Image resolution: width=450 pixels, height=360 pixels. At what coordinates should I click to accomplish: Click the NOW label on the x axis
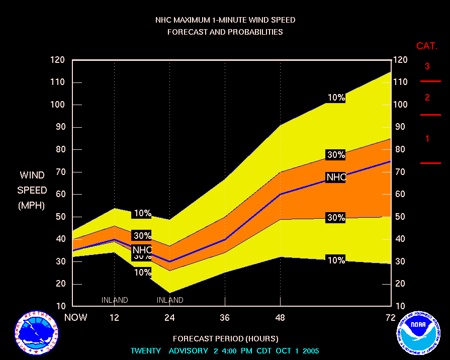[76, 317]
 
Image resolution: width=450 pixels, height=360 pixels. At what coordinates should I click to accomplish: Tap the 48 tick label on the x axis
[280, 317]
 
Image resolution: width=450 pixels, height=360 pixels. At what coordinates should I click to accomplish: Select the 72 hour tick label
[391, 317]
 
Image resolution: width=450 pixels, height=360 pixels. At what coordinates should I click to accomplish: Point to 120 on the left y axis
[58, 60]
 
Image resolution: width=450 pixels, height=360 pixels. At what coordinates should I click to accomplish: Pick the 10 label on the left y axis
[60, 306]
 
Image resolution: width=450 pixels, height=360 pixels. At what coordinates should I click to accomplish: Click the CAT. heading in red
[427, 46]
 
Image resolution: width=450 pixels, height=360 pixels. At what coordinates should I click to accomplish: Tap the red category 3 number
[427, 66]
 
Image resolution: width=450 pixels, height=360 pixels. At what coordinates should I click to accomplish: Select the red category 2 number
[427, 97]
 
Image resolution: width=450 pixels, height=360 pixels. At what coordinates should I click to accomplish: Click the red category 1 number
[427, 139]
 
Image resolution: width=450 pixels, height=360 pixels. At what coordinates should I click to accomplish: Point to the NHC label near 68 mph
[336, 177]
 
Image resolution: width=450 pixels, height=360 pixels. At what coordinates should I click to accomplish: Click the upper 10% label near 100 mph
[336, 98]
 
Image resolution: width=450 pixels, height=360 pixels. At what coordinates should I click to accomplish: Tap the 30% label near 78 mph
[336, 155]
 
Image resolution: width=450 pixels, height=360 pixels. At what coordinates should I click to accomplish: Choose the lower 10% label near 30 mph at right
[336, 260]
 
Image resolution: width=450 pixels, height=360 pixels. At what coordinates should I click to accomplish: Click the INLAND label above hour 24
[170, 300]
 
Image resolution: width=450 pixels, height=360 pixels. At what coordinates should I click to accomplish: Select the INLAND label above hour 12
[115, 300]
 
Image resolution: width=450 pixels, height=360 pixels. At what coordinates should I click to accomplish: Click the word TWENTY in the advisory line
[146, 350]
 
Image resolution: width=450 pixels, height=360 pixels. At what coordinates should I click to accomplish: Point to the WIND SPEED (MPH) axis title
[32, 190]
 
